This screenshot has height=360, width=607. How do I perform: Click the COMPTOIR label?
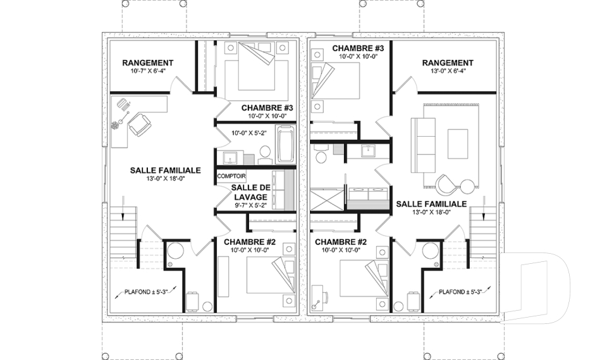click(x=231, y=177)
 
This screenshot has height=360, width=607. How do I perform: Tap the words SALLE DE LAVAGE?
click(x=249, y=192)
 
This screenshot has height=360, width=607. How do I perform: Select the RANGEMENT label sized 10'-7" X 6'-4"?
click(x=147, y=63)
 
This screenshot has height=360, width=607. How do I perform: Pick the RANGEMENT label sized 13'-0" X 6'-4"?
click(x=448, y=63)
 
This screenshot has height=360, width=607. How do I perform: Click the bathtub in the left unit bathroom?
click(x=285, y=144)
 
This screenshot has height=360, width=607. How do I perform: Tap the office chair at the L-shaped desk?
click(x=138, y=125)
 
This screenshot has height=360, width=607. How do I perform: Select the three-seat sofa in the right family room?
click(x=423, y=146)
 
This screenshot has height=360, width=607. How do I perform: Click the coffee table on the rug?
click(x=458, y=144)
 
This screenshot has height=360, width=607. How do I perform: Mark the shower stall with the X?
click(x=326, y=199)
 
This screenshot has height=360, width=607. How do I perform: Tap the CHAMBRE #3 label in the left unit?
click(x=267, y=108)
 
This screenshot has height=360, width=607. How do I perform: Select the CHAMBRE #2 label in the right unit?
click(x=341, y=242)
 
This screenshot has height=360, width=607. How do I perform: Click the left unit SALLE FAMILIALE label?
click(x=165, y=170)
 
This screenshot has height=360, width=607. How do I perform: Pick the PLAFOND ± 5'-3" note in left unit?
click(x=148, y=292)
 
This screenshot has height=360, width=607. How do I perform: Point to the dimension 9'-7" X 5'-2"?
click(x=251, y=206)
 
